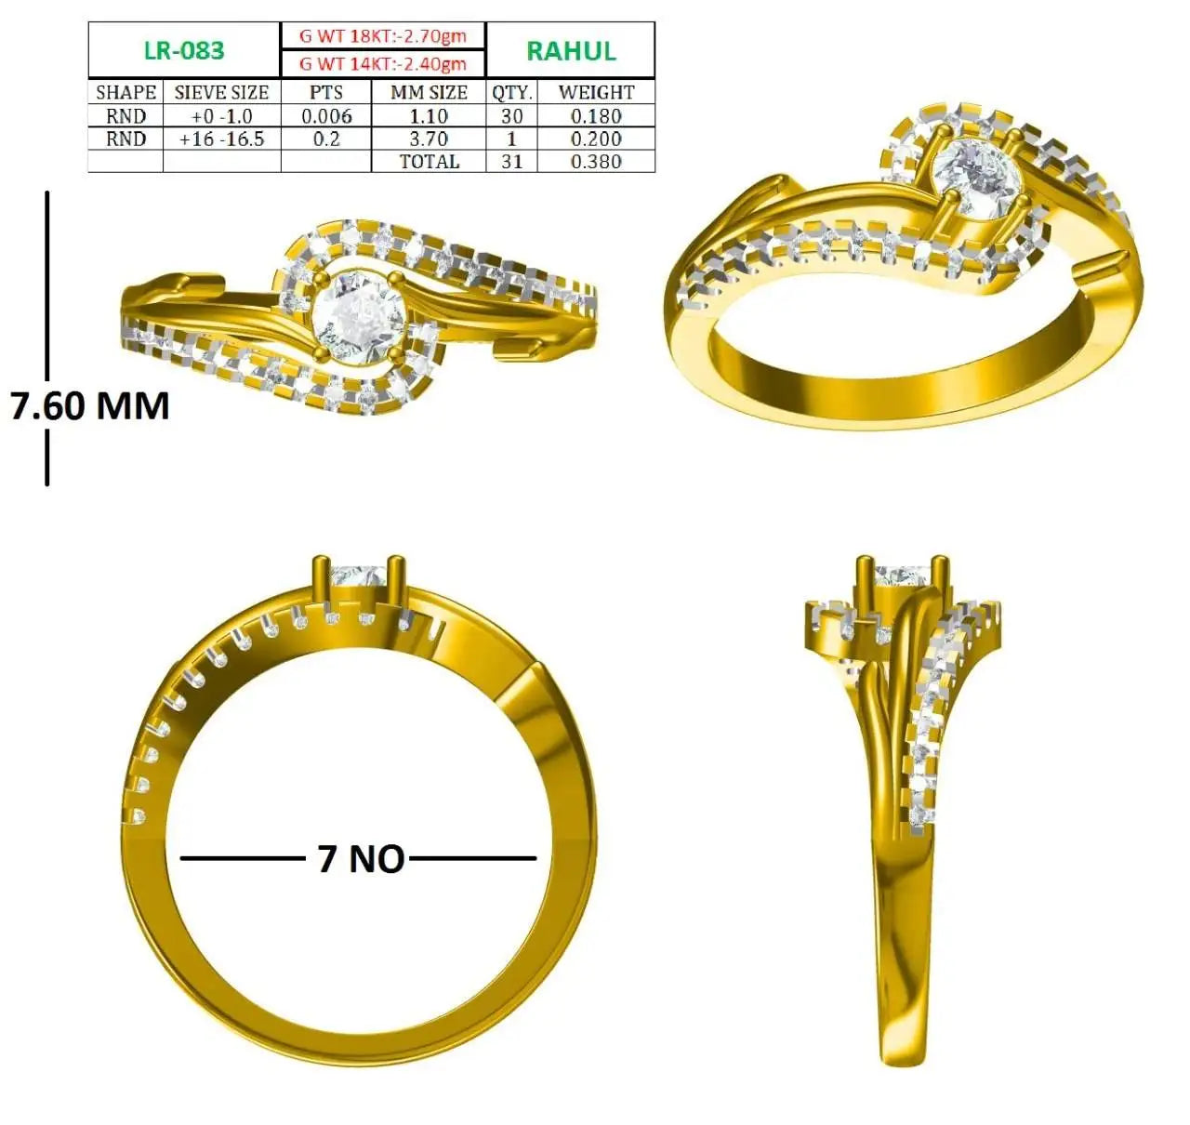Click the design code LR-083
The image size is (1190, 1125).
[x=184, y=50]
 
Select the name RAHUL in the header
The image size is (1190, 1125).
[x=571, y=51]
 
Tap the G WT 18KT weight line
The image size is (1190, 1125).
[x=383, y=35]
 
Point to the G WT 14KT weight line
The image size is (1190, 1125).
[x=383, y=63]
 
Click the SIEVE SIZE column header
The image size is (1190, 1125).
[x=221, y=92]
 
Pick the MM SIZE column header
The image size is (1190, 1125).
[x=429, y=92]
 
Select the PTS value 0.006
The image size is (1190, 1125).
[x=326, y=115]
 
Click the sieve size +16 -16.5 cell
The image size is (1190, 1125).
[x=221, y=139]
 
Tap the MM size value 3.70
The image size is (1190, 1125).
[x=429, y=139]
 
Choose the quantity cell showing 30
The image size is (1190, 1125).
[x=511, y=115]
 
